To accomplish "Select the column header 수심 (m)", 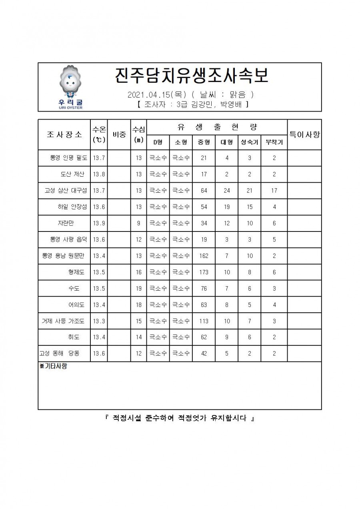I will click(138, 134).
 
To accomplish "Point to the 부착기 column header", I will click(274, 142).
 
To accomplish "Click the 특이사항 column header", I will click(304, 134).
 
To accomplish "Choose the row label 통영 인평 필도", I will click(68, 158).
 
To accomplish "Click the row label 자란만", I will click(66, 223).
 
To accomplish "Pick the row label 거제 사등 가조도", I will click(63, 321).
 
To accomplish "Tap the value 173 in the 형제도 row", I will click(204, 272).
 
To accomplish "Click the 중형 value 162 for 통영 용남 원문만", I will click(204, 256).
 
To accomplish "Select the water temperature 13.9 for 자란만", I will click(99, 223).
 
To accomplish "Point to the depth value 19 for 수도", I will click(138, 289).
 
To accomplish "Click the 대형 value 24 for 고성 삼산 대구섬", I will click(227, 191).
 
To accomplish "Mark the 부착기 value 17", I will click(274, 191).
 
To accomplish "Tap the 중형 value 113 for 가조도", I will click(204, 321).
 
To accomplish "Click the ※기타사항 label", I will click(53, 366).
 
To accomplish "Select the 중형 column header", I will click(204, 142).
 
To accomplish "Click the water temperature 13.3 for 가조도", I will click(99, 321).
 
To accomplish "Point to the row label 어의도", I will click(76, 305).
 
